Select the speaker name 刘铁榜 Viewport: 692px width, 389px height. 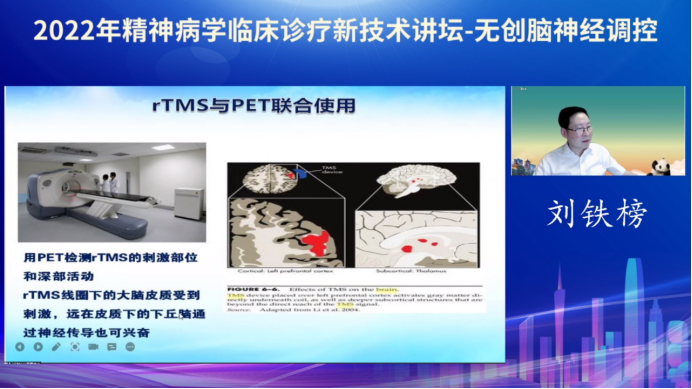[598, 213]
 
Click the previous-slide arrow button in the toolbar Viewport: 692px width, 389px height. [21, 346]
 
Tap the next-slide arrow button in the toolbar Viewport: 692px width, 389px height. [38, 346]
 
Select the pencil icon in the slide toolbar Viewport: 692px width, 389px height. [56, 346]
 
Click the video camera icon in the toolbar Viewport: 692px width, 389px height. [93, 346]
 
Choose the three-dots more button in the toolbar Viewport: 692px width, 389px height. [130, 346]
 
